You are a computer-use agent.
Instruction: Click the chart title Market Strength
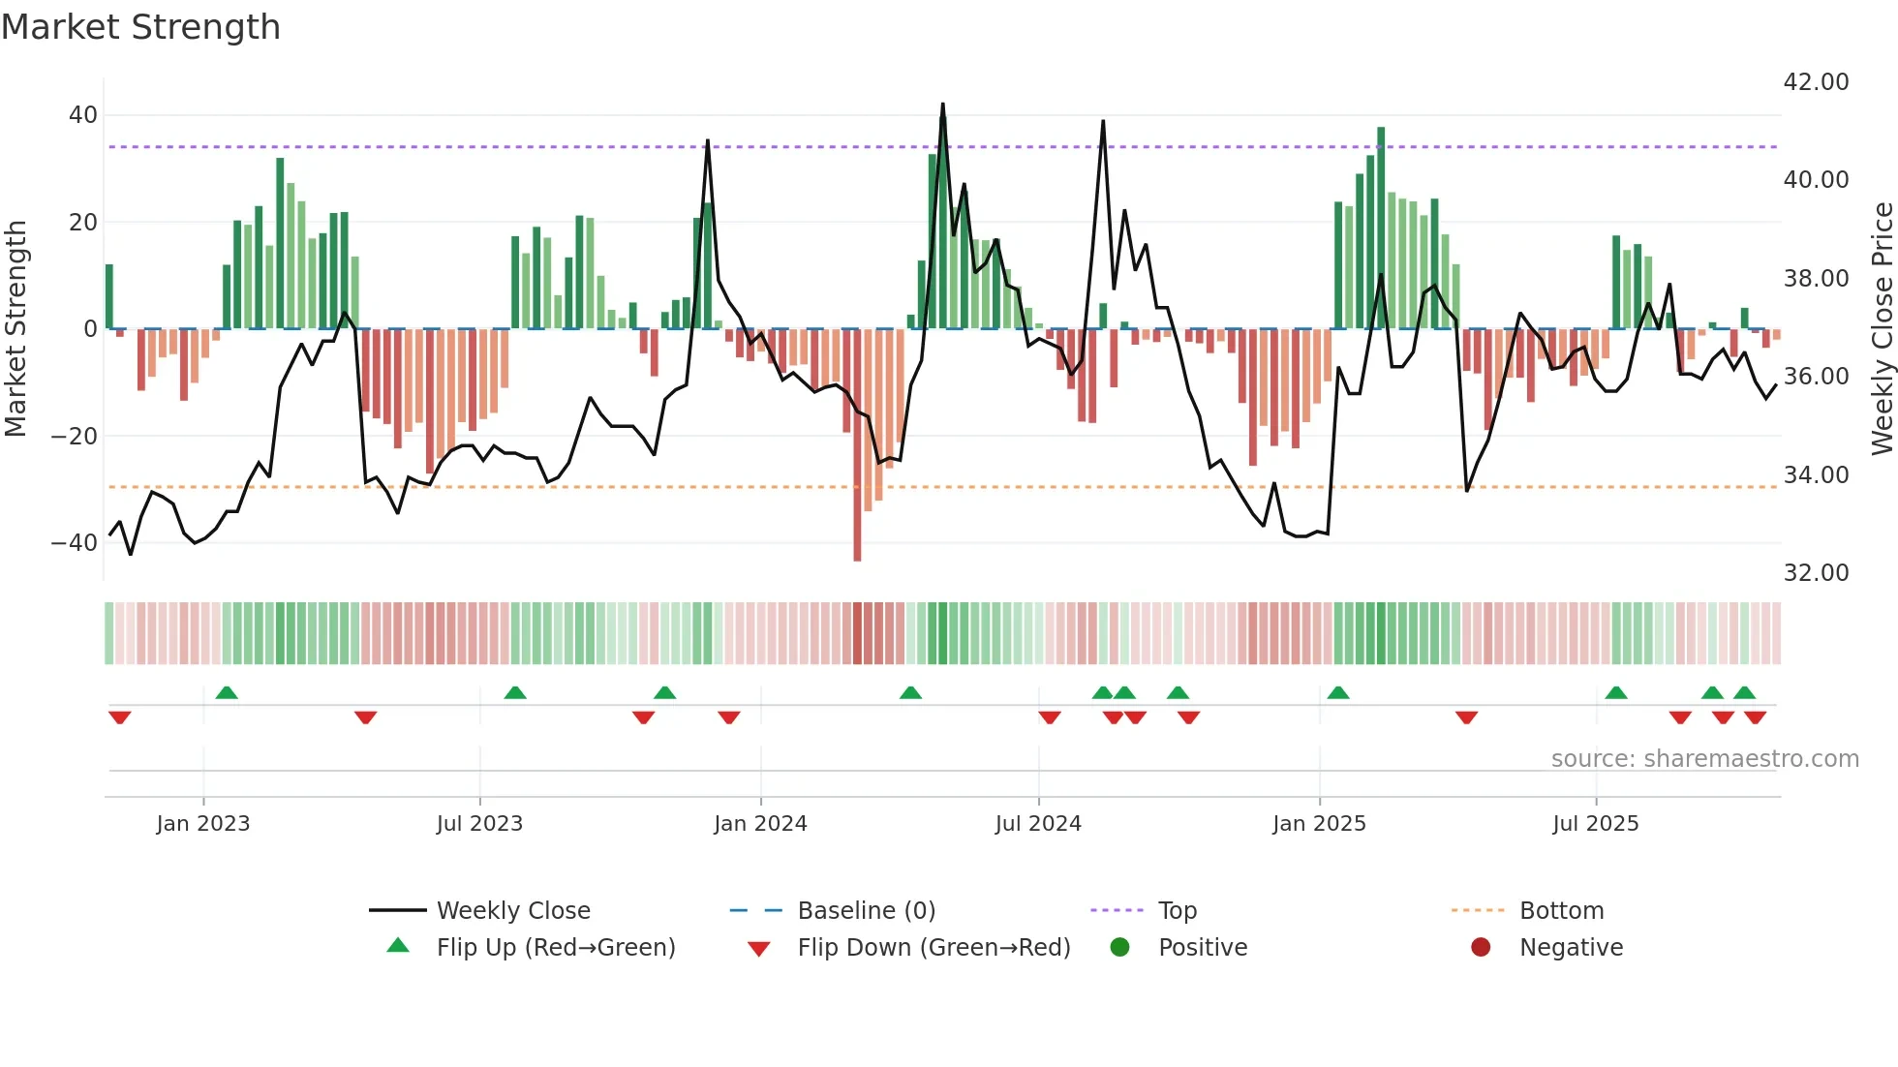(x=140, y=27)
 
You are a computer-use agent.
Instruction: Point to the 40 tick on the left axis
(x=82, y=115)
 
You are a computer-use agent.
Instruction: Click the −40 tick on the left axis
(x=75, y=543)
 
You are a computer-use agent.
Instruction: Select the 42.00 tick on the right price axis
(x=1816, y=82)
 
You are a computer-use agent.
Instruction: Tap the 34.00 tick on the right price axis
(x=1816, y=475)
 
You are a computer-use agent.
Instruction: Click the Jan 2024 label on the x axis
(x=760, y=824)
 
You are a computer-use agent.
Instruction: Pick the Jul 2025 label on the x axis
(x=1595, y=824)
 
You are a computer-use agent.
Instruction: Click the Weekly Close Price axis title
(x=1882, y=329)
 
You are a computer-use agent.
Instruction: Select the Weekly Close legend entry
(x=512, y=911)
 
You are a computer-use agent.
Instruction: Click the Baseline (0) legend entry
(x=866, y=911)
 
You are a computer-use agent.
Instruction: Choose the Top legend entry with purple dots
(x=1177, y=911)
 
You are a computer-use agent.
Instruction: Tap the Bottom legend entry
(x=1561, y=911)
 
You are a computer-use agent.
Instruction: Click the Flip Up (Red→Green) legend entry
(x=555, y=948)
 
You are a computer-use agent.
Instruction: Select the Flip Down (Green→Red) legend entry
(x=933, y=948)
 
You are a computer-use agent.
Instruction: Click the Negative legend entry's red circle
(x=1481, y=947)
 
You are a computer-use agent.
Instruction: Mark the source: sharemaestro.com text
(x=1704, y=759)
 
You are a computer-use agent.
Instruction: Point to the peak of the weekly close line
(x=942, y=105)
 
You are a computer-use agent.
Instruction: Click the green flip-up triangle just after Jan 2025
(x=1338, y=693)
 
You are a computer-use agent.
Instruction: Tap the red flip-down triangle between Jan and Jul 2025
(x=1466, y=717)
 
